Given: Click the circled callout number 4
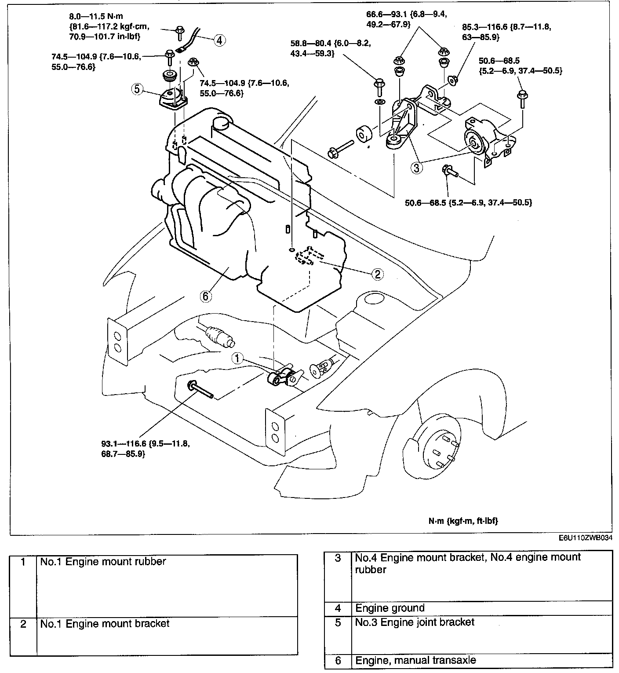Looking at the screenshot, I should [x=220, y=40].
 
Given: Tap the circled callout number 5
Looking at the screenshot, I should [x=137, y=89].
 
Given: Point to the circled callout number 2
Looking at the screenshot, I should [x=377, y=274].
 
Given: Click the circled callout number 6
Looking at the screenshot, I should [x=206, y=296].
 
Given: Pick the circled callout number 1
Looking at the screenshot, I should [x=237, y=358].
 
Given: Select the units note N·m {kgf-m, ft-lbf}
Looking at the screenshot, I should [x=463, y=521].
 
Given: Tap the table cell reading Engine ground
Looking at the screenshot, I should [x=390, y=608].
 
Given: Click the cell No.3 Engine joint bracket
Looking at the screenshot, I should [x=415, y=622].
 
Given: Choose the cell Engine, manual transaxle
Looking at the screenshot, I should [x=415, y=660].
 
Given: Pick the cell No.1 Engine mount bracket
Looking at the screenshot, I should [x=105, y=623].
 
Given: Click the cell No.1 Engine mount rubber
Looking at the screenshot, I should [x=103, y=562].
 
